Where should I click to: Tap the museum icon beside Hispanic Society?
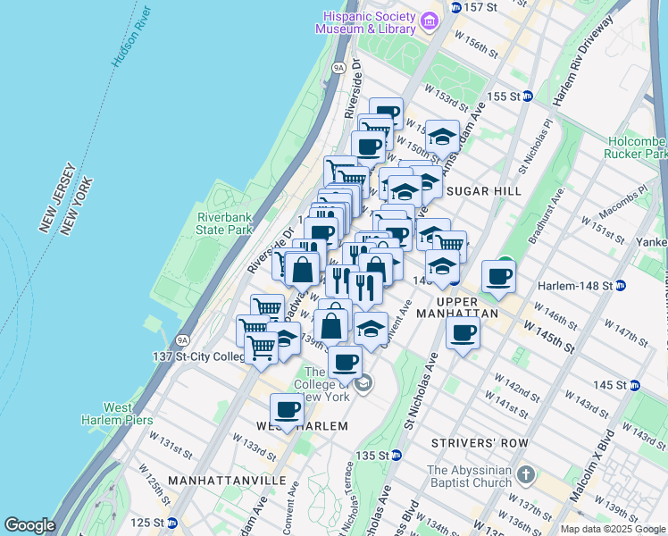click(429, 20)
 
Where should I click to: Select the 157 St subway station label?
click(480, 7)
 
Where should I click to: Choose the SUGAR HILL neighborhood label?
click(483, 191)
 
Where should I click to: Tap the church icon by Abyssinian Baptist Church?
click(526, 473)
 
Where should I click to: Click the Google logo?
click(29, 525)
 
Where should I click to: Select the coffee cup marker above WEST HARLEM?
click(287, 409)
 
